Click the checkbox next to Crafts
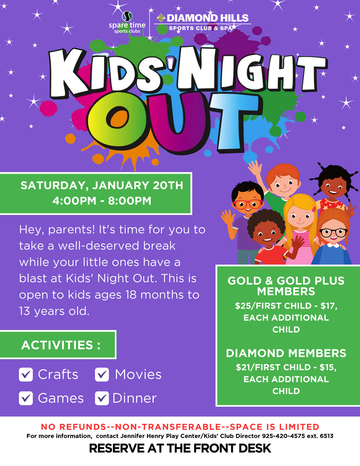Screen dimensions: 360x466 coord(26,375)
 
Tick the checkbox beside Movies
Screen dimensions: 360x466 coord(102,375)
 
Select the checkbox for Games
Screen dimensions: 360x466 coord(26,398)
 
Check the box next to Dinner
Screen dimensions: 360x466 coord(102,398)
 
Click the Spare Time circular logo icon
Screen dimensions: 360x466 coord(127,16)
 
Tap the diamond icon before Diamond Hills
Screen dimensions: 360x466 coord(161,18)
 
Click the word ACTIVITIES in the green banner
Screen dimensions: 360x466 coord(57,345)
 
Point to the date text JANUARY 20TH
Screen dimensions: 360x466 coord(138,185)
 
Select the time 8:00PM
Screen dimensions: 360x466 coord(130,201)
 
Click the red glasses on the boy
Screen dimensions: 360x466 coord(248,204)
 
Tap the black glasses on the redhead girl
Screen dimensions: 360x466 coord(333,233)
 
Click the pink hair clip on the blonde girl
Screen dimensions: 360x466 coord(314,209)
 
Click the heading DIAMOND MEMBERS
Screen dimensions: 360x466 coord(286,353)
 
